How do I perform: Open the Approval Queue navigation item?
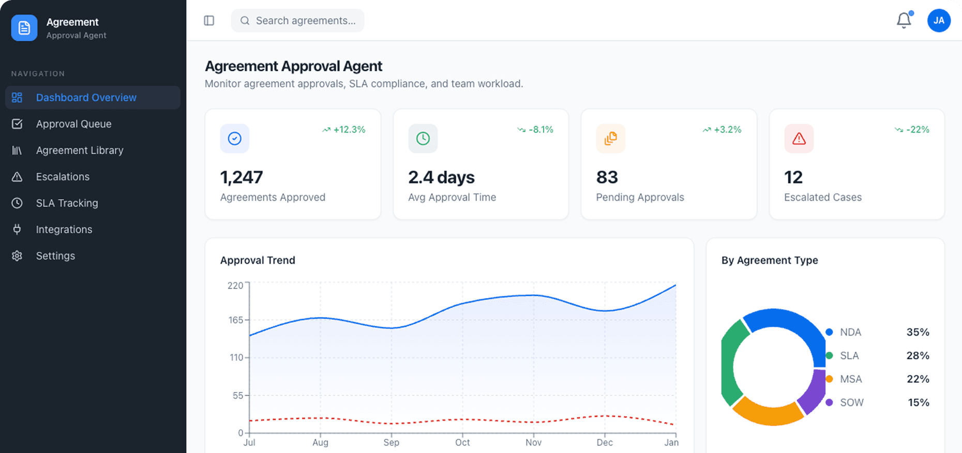point(73,124)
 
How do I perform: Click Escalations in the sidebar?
point(63,177)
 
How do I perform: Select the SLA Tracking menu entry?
point(67,203)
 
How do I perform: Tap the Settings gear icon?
point(17,256)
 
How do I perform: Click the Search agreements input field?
point(305,21)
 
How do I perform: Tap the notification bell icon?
point(904,21)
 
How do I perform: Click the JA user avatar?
point(939,21)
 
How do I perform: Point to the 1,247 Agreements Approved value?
point(242,177)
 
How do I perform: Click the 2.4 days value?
point(441,177)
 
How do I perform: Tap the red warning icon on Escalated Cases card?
point(799,139)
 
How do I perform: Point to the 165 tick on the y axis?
point(236,320)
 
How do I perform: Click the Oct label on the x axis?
point(462,443)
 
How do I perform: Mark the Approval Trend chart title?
point(258,261)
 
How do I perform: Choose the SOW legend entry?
point(851,402)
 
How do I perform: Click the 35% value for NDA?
point(918,332)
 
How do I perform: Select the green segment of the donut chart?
point(729,362)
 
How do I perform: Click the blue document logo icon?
point(24,28)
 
